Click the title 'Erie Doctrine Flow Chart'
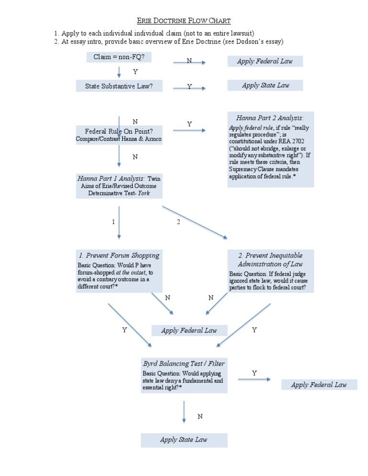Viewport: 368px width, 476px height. click(184, 21)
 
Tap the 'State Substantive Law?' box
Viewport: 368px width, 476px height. click(119, 86)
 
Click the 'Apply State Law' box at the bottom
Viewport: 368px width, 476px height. click(184, 440)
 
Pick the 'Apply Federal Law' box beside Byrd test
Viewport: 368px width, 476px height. click(319, 385)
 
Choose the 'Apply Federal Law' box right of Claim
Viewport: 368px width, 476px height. click(265, 61)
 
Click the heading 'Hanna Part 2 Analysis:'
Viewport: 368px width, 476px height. click(270, 118)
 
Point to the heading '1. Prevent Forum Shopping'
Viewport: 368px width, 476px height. click(119, 255)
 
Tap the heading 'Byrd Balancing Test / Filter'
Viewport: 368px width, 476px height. click(184, 363)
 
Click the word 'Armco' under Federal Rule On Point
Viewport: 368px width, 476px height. click(152, 139)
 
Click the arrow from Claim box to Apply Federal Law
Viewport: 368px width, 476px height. click(189, 63)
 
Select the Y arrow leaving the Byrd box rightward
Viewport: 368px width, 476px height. click(253, 380)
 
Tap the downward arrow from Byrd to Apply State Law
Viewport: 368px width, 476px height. click(184, 412)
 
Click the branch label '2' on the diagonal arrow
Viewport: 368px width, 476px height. click(178, 222)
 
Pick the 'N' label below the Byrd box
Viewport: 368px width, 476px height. click(200, 417)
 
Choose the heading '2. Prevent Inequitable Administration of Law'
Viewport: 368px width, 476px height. click(270, 260)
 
